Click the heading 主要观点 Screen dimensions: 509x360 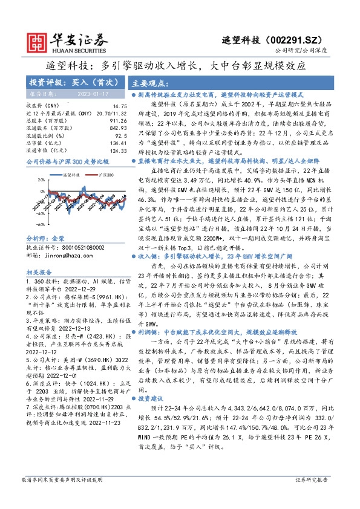[148, 83]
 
